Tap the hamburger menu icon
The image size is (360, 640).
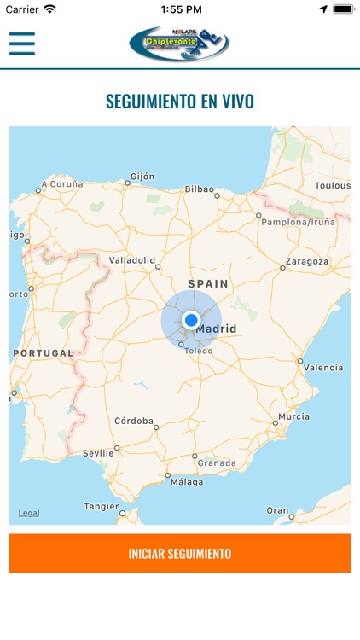coord(22,43)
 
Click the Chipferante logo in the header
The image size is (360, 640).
coord(179,44)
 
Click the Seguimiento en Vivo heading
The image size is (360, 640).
coord(180,102)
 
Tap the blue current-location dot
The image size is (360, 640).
coord(191,320)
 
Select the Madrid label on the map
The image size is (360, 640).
coord(216,329)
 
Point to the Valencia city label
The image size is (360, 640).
coord(323,368)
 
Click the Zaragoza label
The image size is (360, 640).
coord(307,261)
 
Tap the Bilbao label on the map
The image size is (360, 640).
coord(199,189)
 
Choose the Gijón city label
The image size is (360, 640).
coord(142,177)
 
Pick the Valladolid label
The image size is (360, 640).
coord(132,259)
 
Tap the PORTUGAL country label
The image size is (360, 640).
coord(44,353)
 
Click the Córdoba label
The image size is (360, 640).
coord(134,421)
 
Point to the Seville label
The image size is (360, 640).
coord(98,453)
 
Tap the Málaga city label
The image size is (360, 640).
coord(187,481)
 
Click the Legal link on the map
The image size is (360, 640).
coord(29,513)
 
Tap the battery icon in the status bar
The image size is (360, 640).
coord(343,9)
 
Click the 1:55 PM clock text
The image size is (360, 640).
coord(180,9)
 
